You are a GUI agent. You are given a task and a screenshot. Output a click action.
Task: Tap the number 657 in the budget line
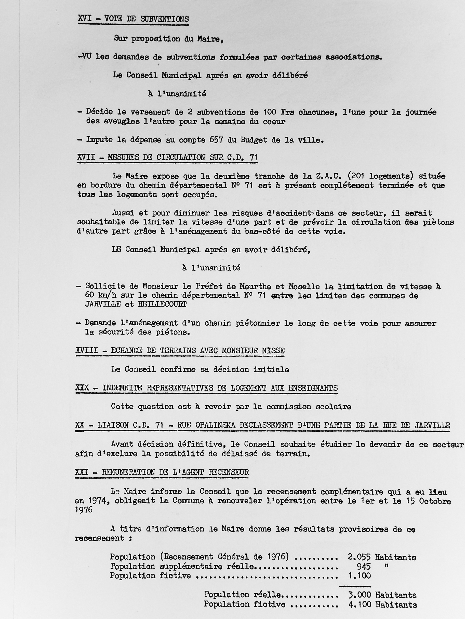(x=216, y=140)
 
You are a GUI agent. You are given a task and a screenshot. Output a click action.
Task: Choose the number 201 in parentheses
(x=361, y=176)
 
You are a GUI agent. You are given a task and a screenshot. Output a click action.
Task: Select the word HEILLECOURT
(x=162, y=304)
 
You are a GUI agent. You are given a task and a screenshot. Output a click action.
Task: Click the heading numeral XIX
(x=82, y=388)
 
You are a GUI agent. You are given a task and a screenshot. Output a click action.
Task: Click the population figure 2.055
(x=359, y=557)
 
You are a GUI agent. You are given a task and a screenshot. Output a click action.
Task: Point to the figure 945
(x=364, y=566)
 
